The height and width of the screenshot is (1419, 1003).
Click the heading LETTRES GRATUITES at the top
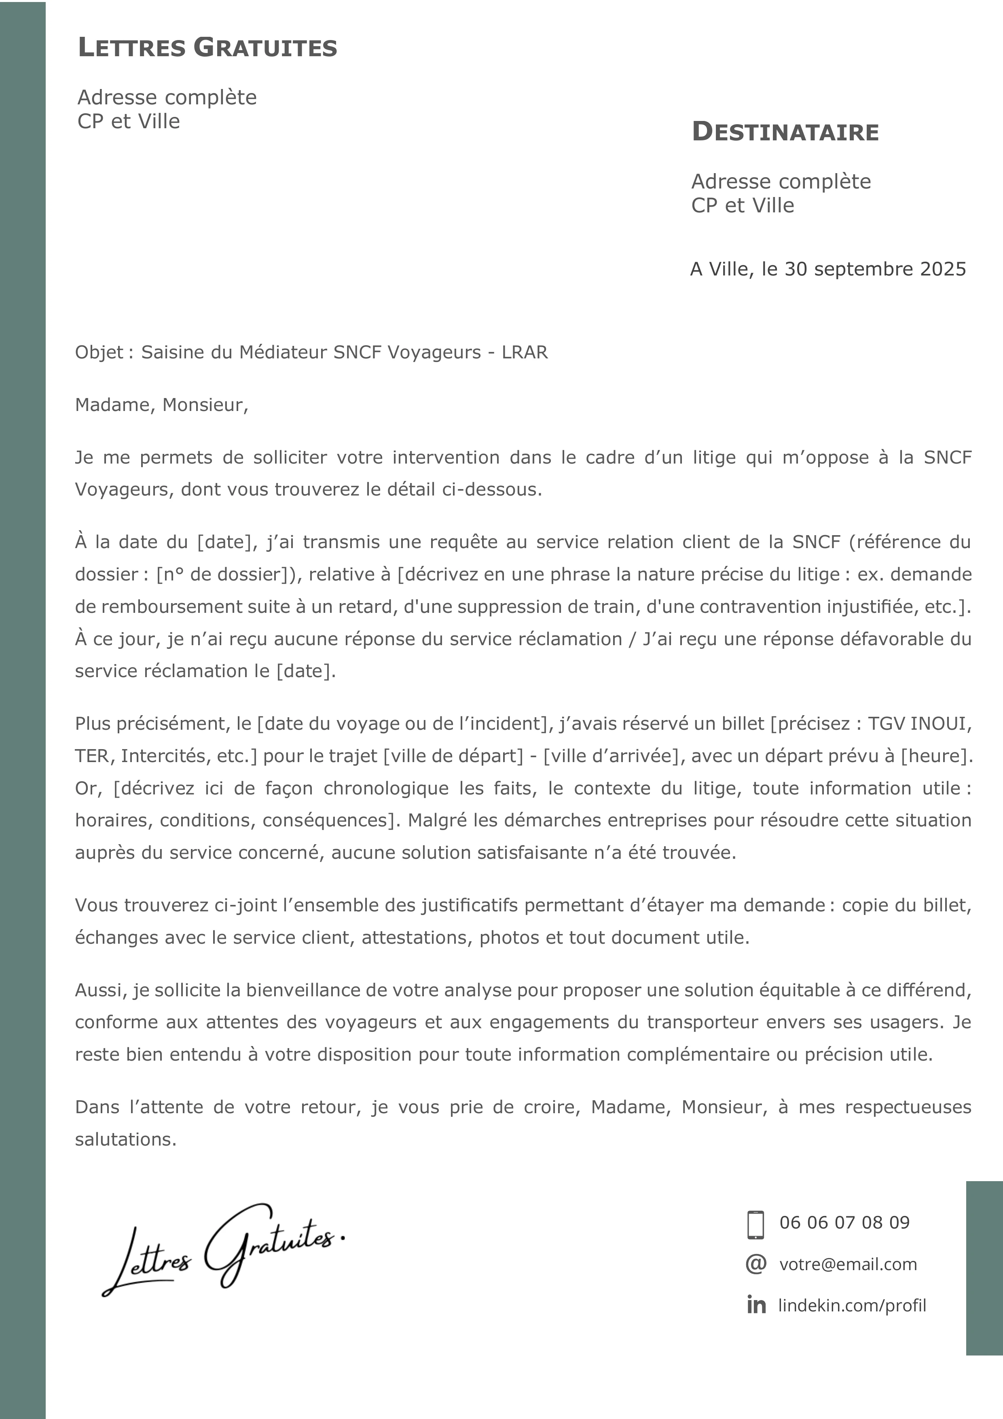(207, 48)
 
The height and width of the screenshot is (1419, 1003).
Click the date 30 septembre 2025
(875, 269)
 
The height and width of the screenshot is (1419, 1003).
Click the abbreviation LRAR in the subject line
(525, 352)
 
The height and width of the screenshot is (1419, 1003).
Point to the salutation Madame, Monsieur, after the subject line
(161, 405)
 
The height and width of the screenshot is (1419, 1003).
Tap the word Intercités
(164, 756)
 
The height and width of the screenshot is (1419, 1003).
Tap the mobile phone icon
(755, 1225)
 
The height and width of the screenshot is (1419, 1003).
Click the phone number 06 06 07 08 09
(844, 1222)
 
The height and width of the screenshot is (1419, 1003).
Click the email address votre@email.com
(848, 1264)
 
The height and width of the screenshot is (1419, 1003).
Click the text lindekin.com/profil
(852, 1305)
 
